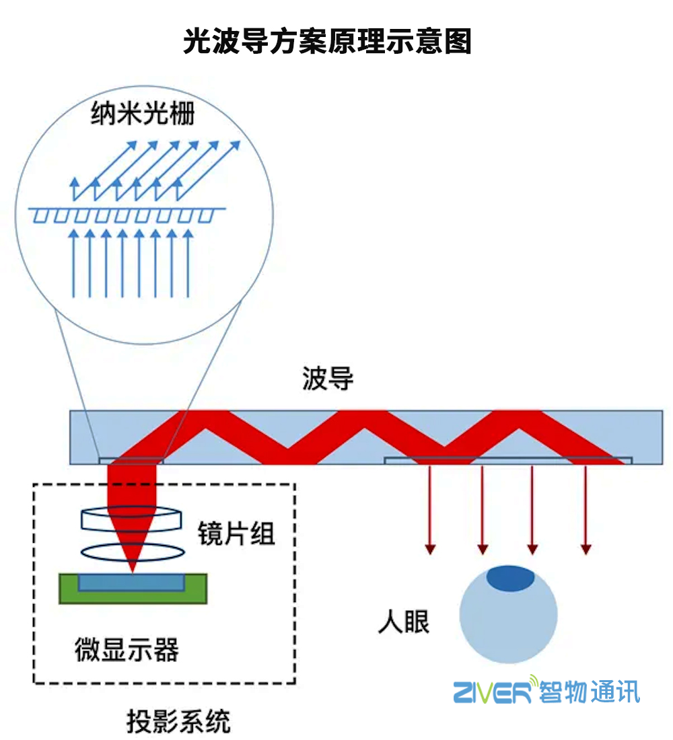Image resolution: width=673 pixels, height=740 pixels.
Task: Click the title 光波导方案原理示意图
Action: pos(328,42)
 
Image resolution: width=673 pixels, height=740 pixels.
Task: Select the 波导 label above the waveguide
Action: pos(328,379)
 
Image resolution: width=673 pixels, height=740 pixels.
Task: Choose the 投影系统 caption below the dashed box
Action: pos(179,722)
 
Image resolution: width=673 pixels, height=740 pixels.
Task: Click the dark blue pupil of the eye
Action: pos(511,578)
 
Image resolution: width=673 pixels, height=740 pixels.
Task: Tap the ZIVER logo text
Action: pos(493,692)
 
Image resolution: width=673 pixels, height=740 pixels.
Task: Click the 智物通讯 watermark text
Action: pos(590,692)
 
